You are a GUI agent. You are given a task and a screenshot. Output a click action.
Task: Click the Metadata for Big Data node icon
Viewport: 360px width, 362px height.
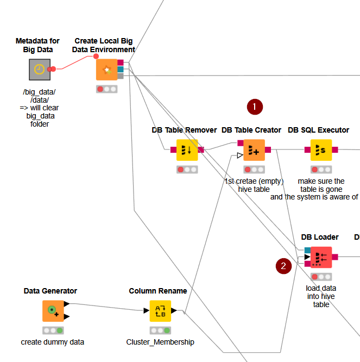(x=39, y=70)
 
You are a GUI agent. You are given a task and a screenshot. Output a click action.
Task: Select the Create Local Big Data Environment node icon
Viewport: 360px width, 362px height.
(x=106, y=70)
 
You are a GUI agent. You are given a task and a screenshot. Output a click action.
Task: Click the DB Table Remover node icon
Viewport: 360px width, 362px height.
(x=187, y=150)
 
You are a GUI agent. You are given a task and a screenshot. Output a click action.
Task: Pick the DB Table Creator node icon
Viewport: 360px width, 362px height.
(x=254, y=150)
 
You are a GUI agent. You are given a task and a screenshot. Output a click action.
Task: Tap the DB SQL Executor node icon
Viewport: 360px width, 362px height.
(x=320, y=150)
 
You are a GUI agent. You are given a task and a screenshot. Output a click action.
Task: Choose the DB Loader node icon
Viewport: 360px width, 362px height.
(x=320, y=257)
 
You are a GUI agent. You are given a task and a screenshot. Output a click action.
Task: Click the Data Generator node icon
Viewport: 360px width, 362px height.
(x=53, y=311)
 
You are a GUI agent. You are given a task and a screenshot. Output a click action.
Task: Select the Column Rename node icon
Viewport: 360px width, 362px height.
(x=160, y=311)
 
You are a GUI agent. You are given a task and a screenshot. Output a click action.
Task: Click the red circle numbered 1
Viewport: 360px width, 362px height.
(x=255, y=107)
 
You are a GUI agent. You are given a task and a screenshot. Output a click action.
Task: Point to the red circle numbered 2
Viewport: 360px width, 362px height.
(x=283, y=266)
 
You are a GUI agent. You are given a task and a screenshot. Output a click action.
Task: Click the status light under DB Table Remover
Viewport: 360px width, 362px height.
(x=187, y=170)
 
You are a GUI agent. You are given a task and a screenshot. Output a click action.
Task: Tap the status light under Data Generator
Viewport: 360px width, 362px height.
(x=53, y=330)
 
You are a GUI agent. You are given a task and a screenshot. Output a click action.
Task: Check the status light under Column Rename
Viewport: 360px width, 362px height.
(x=160, y=330)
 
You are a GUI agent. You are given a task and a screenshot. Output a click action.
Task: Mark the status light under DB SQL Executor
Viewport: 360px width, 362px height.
(x=320, y=170)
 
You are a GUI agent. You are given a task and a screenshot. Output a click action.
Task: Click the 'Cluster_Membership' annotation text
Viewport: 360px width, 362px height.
(x=160, y=342)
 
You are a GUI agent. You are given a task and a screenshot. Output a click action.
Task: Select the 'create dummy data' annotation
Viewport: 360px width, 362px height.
(x=53, y=342)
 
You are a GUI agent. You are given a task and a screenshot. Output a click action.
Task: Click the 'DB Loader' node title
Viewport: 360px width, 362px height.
(x=320, y=237)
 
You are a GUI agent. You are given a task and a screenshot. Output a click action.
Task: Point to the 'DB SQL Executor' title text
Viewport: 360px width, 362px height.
(x=318, y=130)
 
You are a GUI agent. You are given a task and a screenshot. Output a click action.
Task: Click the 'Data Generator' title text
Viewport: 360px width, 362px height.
(x=50, y=291)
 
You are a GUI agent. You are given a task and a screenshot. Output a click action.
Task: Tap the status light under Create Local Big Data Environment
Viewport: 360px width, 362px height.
(x=106, y=89)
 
